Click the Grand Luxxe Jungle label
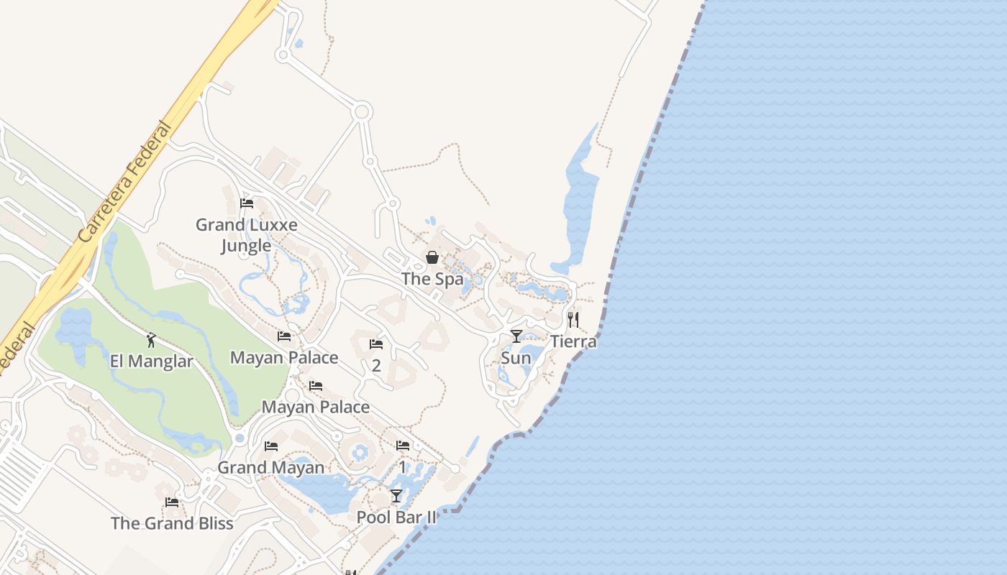click(247, 235)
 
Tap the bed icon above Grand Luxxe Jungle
click(247, 203)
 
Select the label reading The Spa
click(432, 279)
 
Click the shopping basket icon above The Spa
click(432, 257)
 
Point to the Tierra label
click(573, 341)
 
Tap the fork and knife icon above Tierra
click(573, 320)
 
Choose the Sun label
click(516, 358)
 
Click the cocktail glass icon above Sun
click(516, 336)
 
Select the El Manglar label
click(151, 361)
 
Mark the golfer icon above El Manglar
click(151, 340)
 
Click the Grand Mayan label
click(271, 468)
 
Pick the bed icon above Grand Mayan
click(271, 446)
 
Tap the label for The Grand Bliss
click(172, 523)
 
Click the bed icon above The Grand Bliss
click(172, 502)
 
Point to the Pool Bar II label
click(396, 517)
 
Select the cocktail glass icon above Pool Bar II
click(396, 496)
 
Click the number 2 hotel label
click(376, 365)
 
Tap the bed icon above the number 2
click(376, 344)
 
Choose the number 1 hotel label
click(403, 467)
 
